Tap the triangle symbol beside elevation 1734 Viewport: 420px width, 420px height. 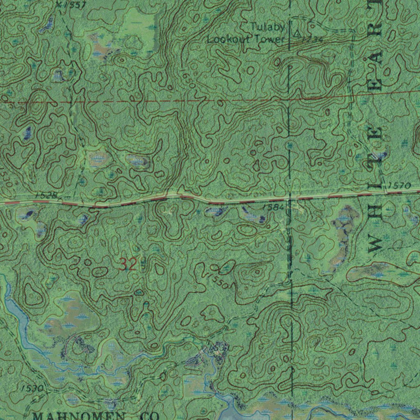click(x=296, y=32)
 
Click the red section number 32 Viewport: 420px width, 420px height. click(x=128, y=264)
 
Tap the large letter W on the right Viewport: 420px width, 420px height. click(x=375, y=245)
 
